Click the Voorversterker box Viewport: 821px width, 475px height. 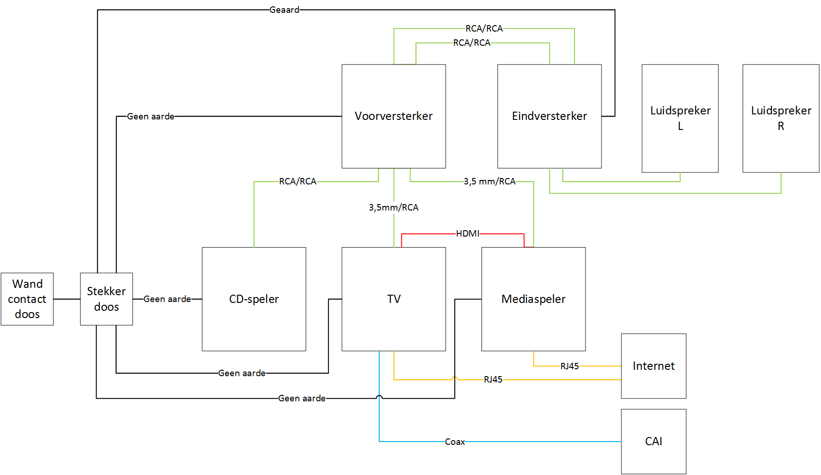[x=394, y=116]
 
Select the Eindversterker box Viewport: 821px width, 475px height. [x=549, y=116]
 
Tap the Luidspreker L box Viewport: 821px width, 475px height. [x=680, y=118]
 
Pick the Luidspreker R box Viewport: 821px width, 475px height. [x=781, y=118]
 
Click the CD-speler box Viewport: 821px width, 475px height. [x=254, y=299]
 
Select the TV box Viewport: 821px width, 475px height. [x=394, y=299]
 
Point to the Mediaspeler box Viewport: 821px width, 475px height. [x=533, y=299]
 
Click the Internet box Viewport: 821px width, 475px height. [x=653, y=366]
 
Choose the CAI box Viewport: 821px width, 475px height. [x=653, y=442]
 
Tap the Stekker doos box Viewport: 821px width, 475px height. [x=106, y=299]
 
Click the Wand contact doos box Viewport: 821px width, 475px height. [x=27, y=299]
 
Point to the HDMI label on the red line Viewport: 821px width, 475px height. [x=467, y=234]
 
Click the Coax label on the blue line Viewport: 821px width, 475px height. [x=454, y=442]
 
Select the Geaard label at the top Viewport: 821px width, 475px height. [x=284, y=10]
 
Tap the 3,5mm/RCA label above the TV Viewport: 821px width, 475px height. [x=394, y=208]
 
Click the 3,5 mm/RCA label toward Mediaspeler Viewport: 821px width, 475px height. [x=489, y=182]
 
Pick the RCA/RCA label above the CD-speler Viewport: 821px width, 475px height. [x=298, y=182]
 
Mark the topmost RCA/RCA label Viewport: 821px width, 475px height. [x=484, y=29]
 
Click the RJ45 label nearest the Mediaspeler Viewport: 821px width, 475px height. [x=569, y=367]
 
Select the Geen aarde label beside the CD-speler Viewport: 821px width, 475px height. [x=167, y=299]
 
